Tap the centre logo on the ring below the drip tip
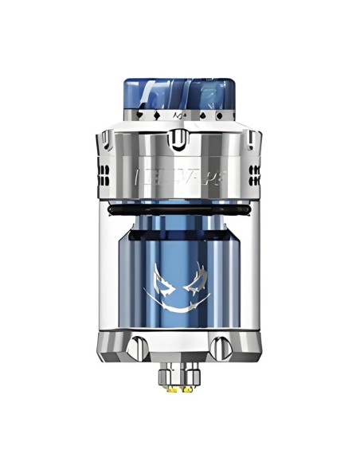pos(179,117)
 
